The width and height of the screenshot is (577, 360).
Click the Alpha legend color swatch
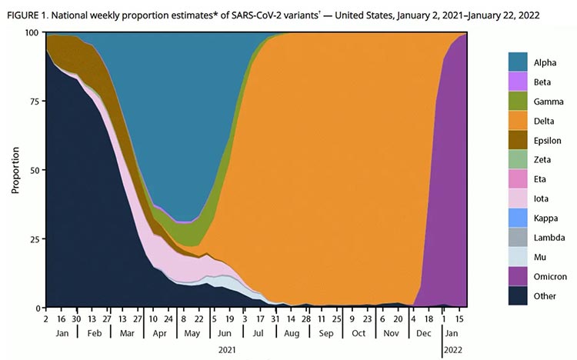coord(518,62)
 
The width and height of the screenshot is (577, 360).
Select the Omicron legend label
coord(550,276)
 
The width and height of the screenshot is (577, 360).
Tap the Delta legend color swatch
coord(518,120)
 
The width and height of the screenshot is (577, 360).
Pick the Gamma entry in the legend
coord(549,102)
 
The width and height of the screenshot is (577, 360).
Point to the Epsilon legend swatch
coord(518,140)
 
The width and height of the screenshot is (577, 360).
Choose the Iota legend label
coord(541,198)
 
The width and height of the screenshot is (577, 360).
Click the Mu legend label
coord(540,257)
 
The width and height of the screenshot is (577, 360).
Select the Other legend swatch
coord(518,295)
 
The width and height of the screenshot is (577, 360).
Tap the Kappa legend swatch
coord(518,218)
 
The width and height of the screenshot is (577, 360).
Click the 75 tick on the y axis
coord(34,101)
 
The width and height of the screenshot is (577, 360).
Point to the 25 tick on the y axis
coord(34,238)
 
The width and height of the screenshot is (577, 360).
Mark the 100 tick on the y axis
coord(32,32)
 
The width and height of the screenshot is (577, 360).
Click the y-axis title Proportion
coord(15,170)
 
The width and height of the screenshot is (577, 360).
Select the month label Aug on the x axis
coord(292,333)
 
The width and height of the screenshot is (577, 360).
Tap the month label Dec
coord(424,333)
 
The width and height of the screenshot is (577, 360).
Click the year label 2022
coord(452,350)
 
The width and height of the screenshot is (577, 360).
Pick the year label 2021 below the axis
coord(227,350)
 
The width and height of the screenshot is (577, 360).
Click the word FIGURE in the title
coord(22,15)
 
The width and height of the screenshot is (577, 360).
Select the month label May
coord(192,334)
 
